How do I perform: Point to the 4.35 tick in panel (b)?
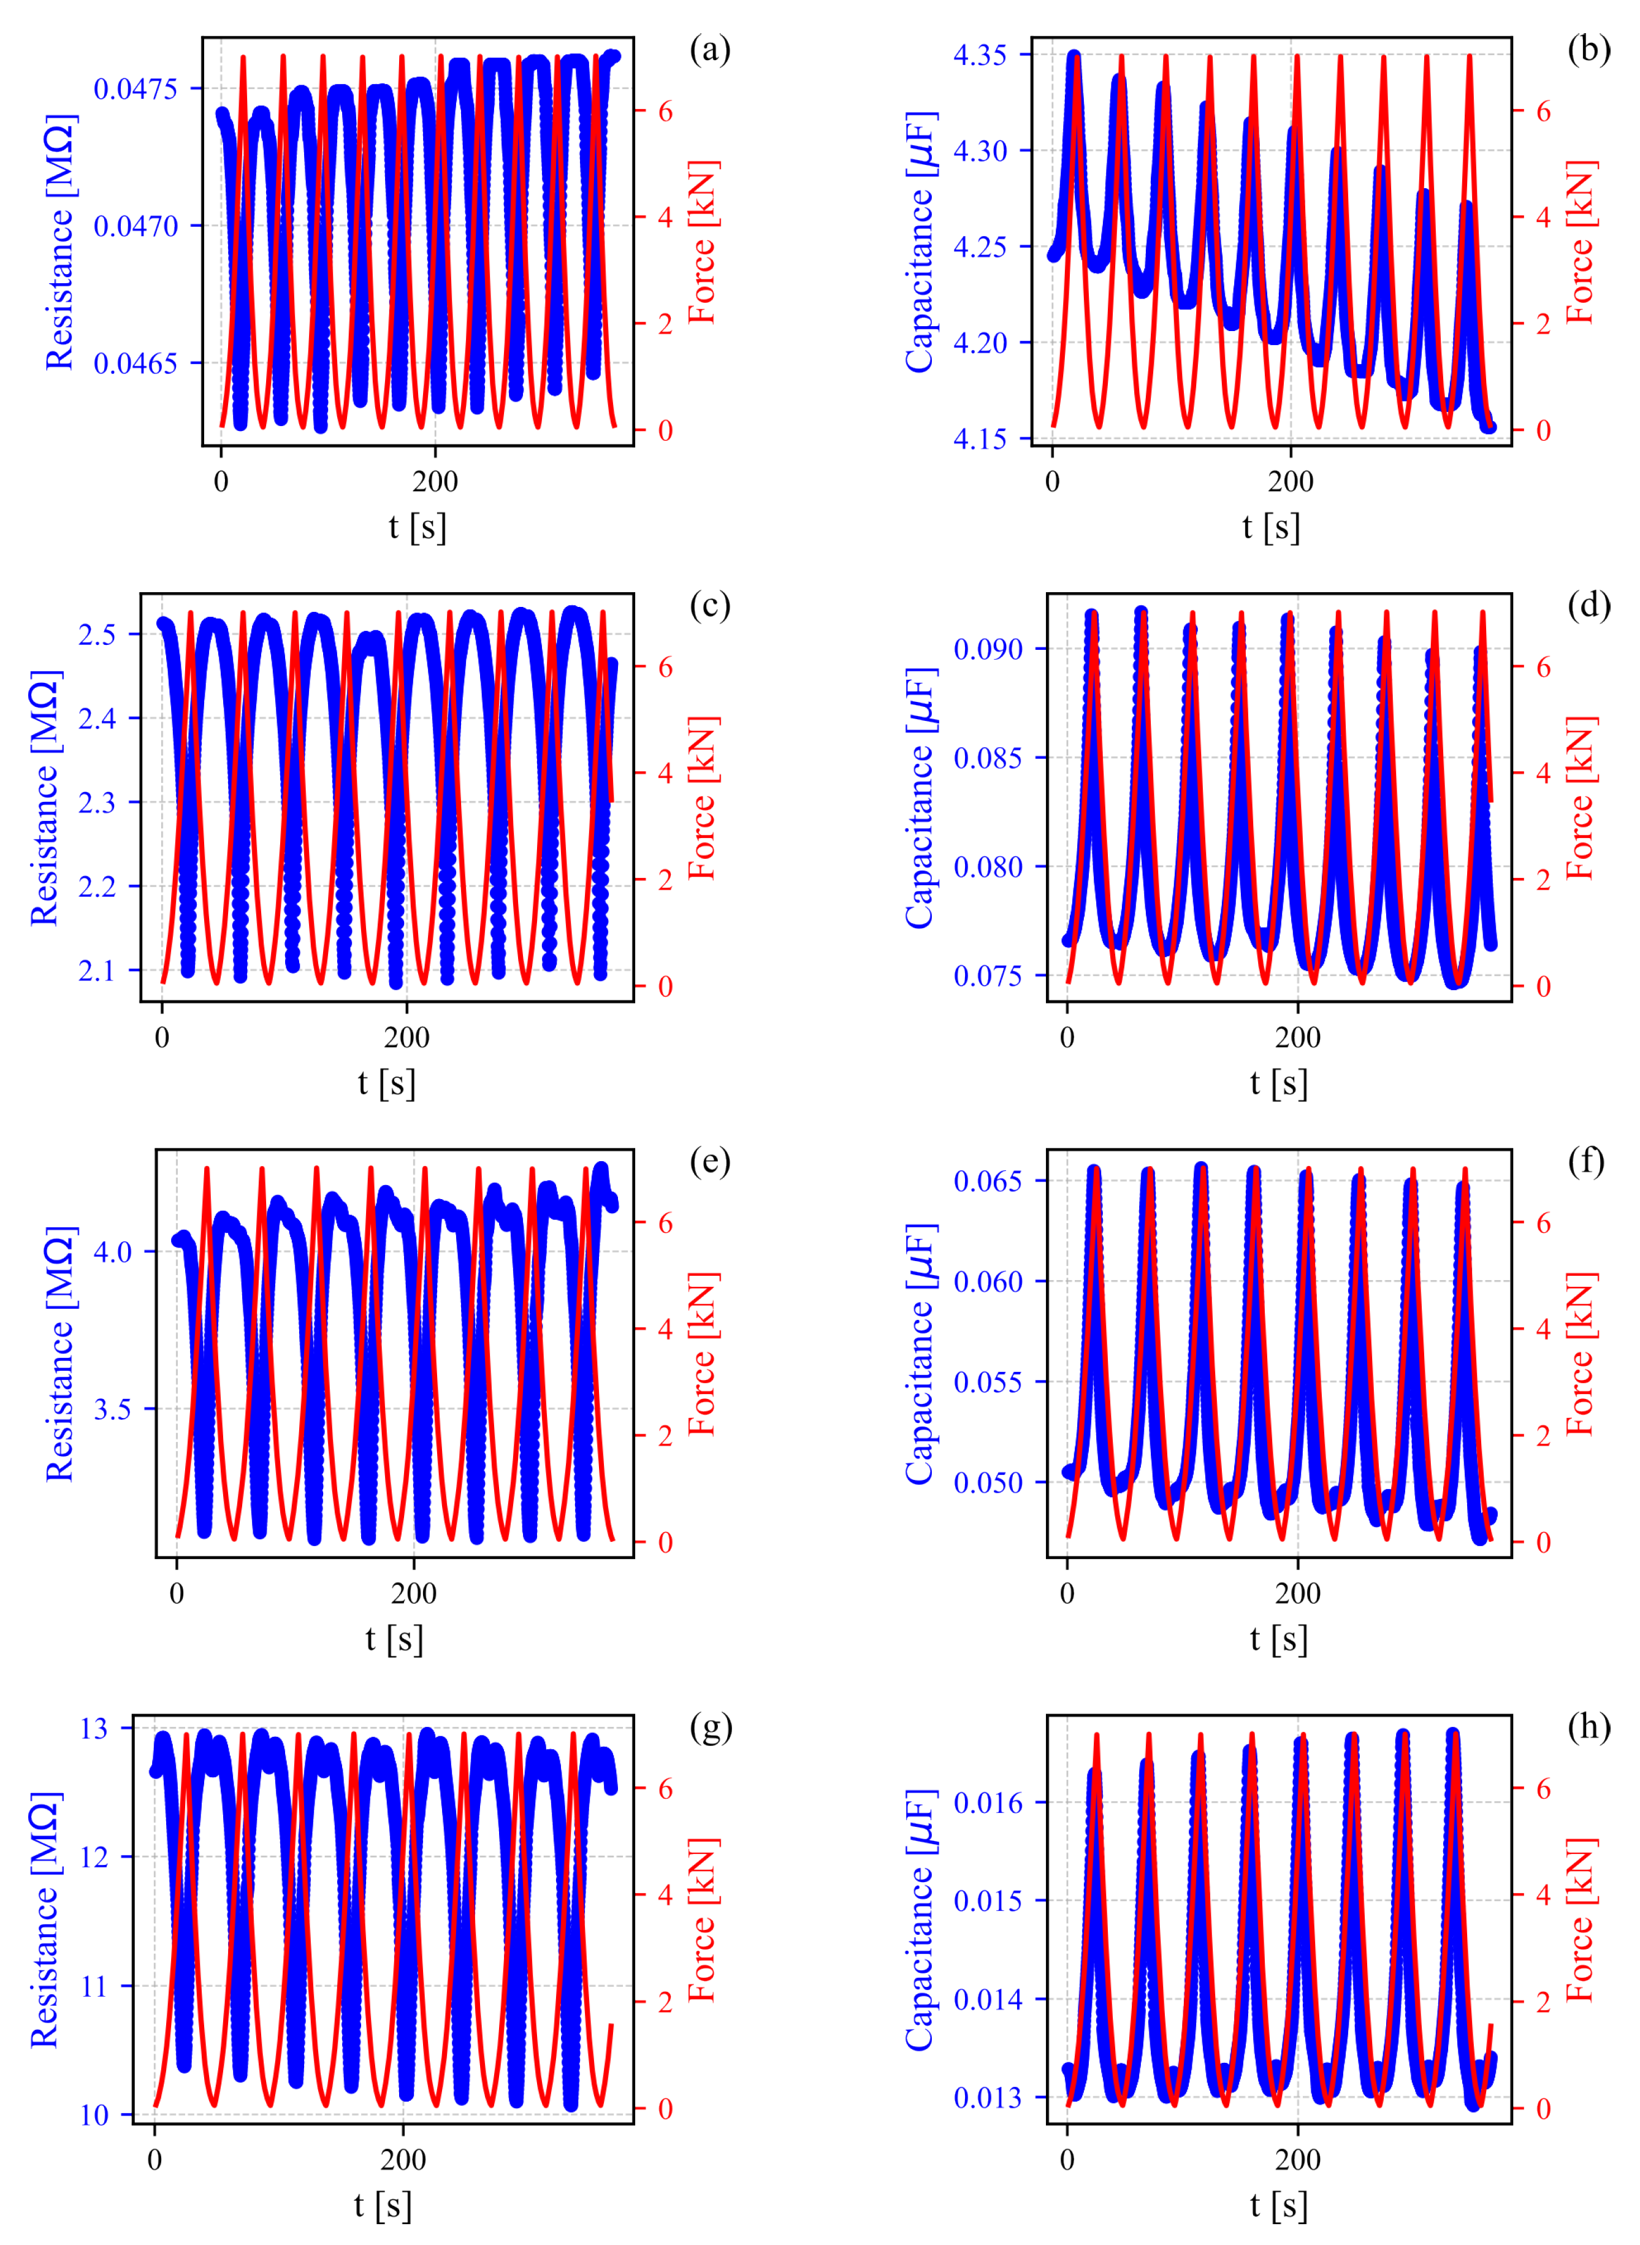[x=980, y=55]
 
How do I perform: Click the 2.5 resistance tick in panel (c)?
[x=97, y=634]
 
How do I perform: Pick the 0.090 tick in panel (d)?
[x=988, y=649]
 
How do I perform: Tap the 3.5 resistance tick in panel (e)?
[x=112, y=1409]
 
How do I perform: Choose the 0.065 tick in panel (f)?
[x=988, y=1181]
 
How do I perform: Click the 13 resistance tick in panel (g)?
[x=94, y=1729]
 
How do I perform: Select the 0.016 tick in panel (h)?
[x=988, y=1804]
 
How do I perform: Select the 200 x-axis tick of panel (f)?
[x=1297, y=1594]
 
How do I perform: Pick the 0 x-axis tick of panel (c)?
[x=162, y=1038]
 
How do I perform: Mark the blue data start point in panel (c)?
[x=164, y=624]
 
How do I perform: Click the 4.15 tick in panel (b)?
[x=980, y=439]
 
